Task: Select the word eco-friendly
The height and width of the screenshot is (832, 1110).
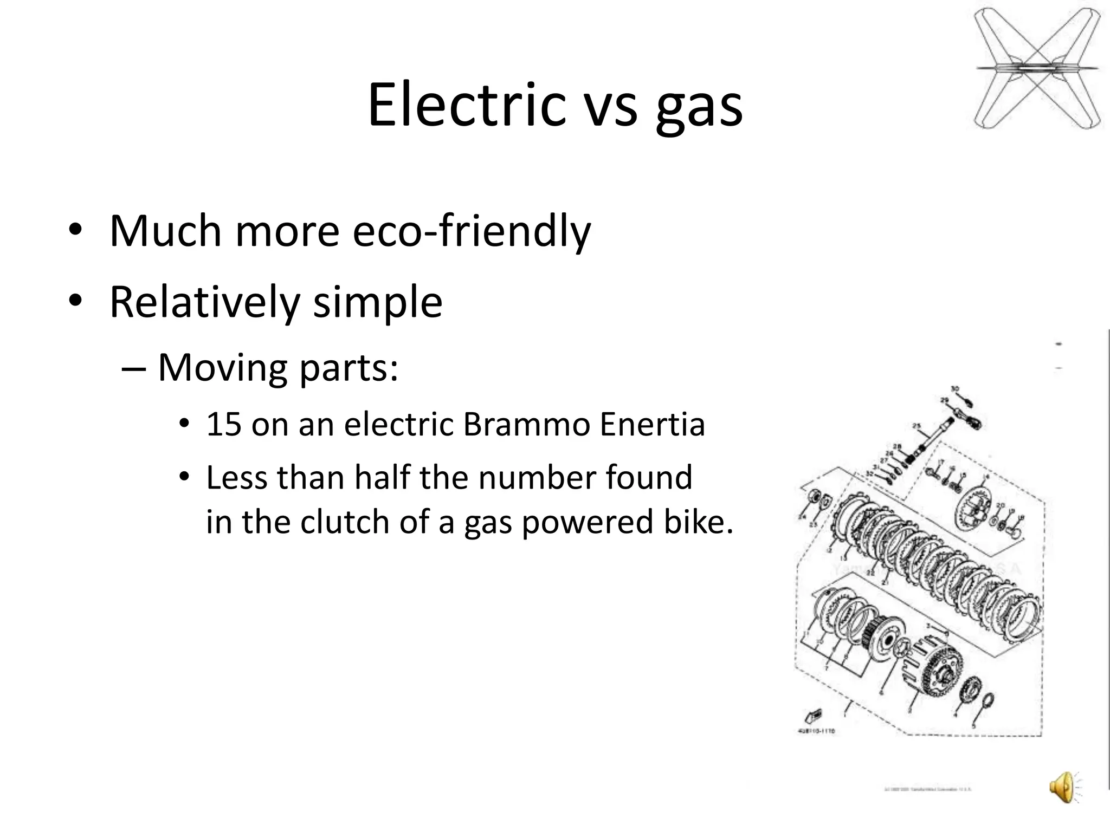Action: coord(471,231)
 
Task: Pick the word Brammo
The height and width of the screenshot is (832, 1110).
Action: coord(526,424)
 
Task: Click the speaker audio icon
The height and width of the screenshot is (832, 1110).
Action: coord(1063,787)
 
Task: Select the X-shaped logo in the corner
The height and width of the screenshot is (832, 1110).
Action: coord(1037,68)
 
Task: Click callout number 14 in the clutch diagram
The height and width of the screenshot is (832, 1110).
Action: coord(985,477)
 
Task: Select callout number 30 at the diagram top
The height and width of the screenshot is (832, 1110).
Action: coord(955,389)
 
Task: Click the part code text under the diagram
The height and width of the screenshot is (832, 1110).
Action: coord(816,731)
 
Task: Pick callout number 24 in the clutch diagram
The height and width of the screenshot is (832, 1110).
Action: coord(802,517)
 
